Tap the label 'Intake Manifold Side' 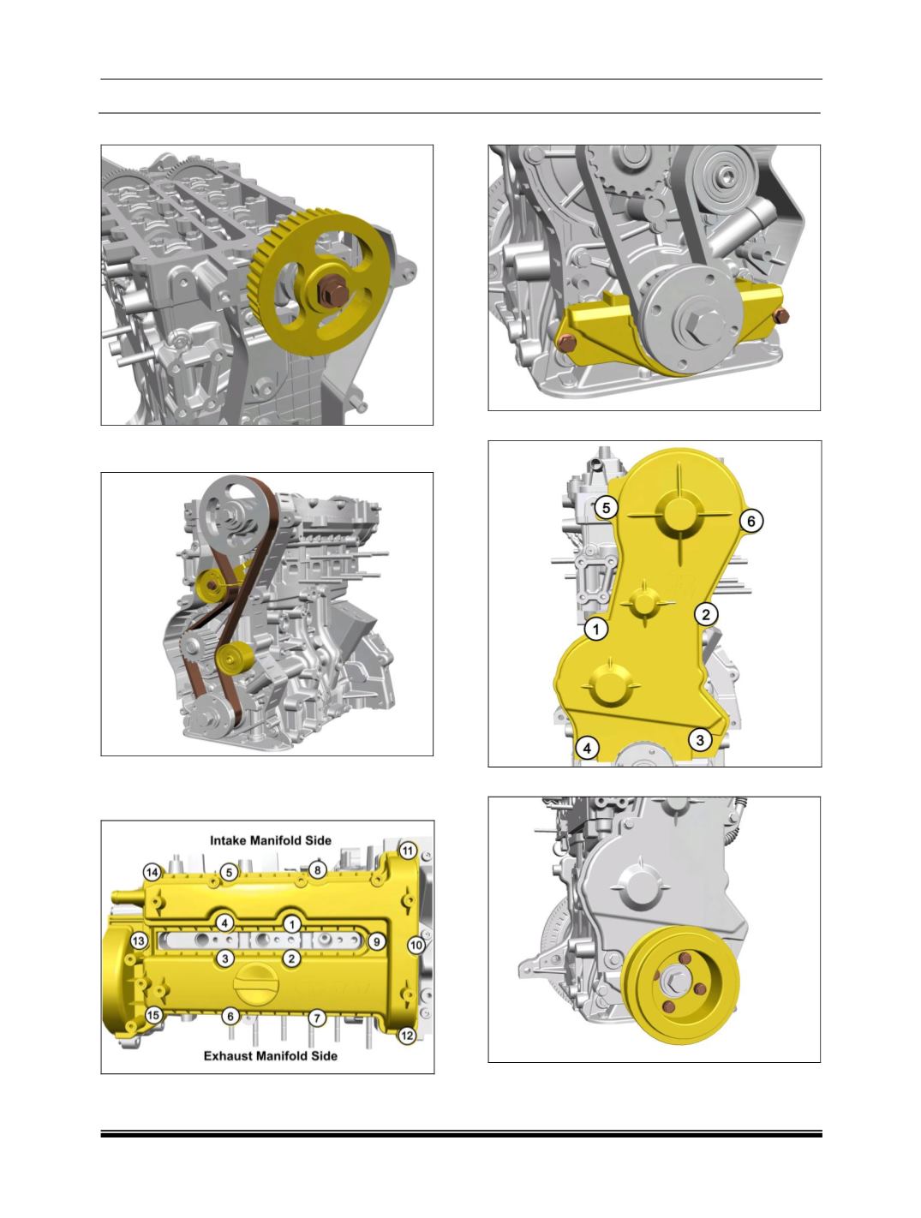(270, 840)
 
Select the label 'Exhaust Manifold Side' (270, 1055)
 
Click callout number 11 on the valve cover (408, 851)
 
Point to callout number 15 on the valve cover (153, 1015)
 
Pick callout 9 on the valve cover (377, 941)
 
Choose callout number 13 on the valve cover (139, 940)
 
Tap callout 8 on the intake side (317, 869)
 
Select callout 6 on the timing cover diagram (751, 521)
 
